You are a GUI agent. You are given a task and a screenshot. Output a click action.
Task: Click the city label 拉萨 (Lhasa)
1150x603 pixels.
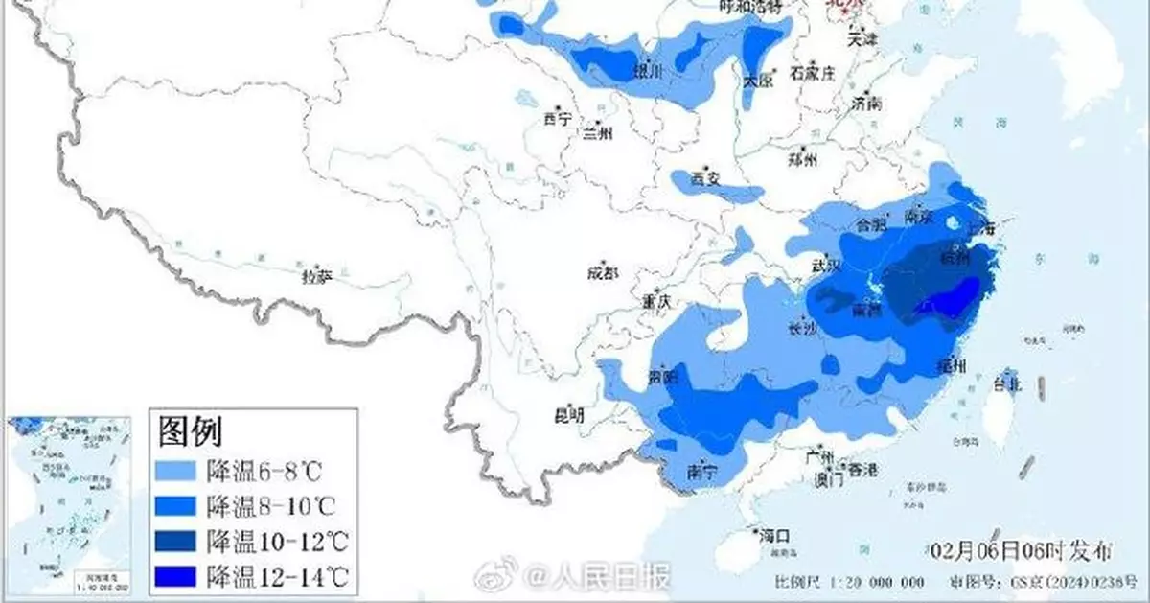click(x=316, y=276)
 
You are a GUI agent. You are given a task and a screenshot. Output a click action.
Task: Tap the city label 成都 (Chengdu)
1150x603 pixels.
click(x=602, y=274)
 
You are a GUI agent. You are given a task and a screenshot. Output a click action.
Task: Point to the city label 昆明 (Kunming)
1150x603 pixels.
click(x=569, y=415)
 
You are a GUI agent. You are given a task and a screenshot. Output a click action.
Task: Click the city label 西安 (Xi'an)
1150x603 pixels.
click(x=704, y=178)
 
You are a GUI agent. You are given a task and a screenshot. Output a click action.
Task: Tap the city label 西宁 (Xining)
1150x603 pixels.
click(x=557, y=120)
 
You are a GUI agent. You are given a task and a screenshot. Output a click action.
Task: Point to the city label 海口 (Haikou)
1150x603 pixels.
click(x=773, y=534)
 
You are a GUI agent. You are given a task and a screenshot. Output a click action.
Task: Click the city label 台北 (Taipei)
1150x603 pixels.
click(x=1009, y=384)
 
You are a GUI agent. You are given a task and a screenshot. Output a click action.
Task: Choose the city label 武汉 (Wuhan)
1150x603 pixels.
click(x=825, y=265)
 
